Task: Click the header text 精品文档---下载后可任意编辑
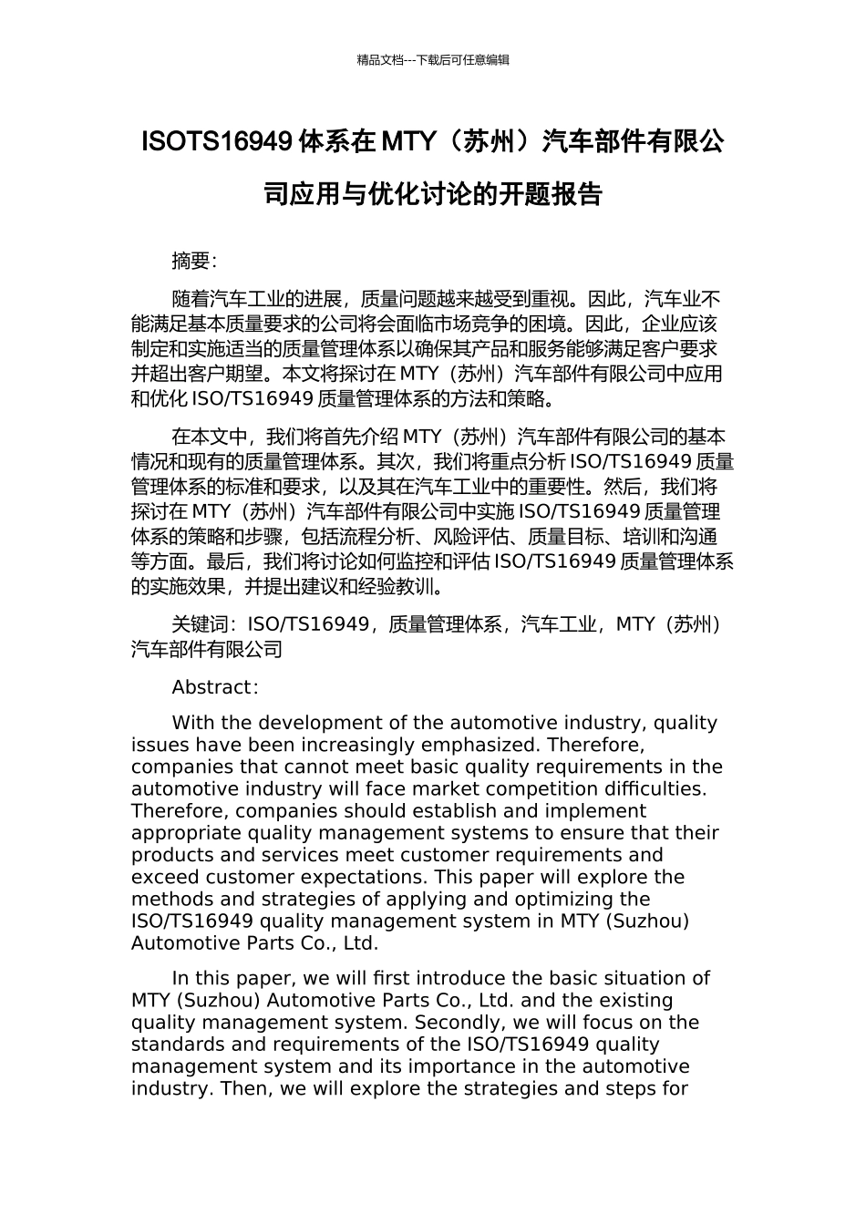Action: coord(433,60)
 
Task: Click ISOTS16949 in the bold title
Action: coord(218,142)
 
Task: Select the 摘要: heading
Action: coord(194,262)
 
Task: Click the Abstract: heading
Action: coord(215,687)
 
